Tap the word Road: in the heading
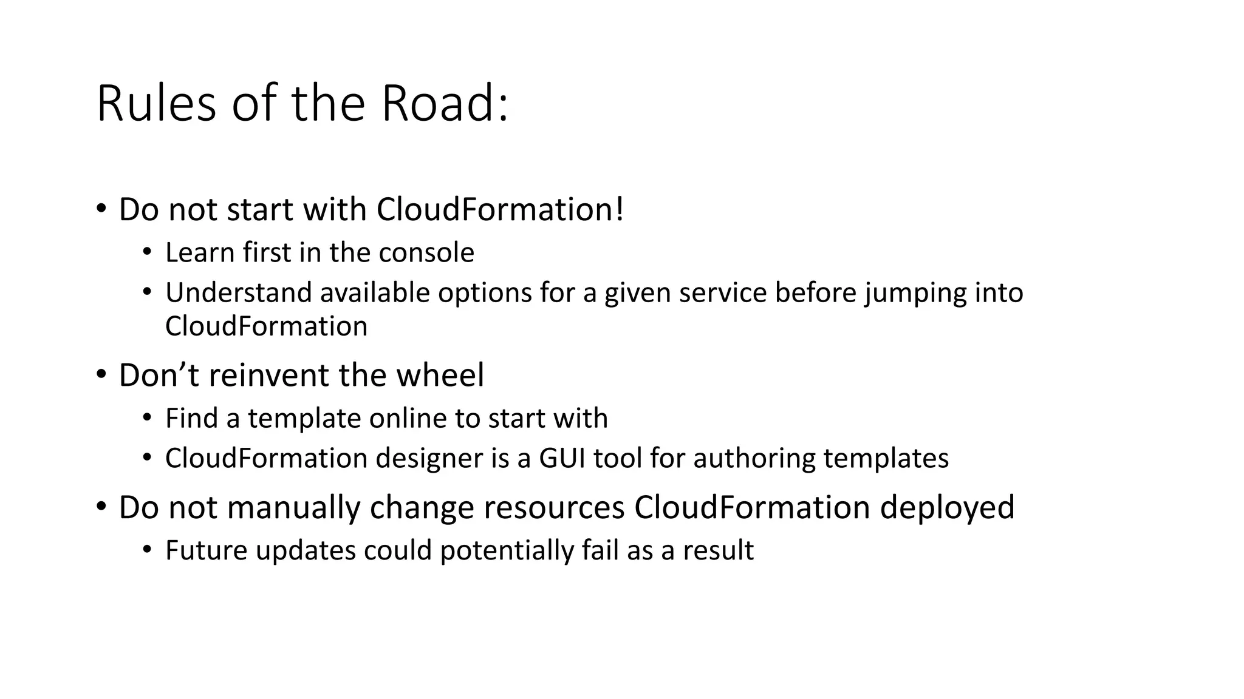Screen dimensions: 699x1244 [x=445, y=104]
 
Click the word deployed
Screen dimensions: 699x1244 [x=947, y=508]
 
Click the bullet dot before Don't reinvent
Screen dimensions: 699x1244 [x=101, y=374]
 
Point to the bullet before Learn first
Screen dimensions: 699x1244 [x=146, y=252]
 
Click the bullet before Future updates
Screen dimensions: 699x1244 [x=146, y=550]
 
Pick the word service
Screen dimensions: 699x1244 [x=723, y=292]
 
